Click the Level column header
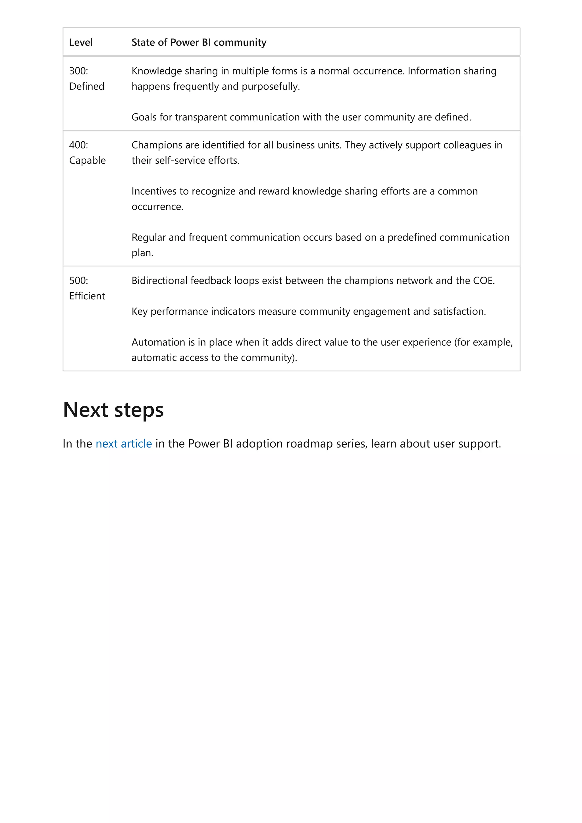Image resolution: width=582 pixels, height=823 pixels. click(81, 42)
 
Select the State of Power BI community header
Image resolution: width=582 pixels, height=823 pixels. click(199, 42)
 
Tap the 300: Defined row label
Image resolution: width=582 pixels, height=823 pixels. click(86, 78)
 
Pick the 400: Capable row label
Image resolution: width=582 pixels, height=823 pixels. click(87, 153)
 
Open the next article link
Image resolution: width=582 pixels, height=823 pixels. click(124, 444)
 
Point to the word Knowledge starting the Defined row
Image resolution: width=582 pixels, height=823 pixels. click(156, 71)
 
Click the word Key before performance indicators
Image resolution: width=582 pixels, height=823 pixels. click(139, 312)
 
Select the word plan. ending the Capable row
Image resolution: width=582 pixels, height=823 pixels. click(142, 253)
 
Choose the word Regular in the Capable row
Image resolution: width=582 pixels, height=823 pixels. click(148, 237)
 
